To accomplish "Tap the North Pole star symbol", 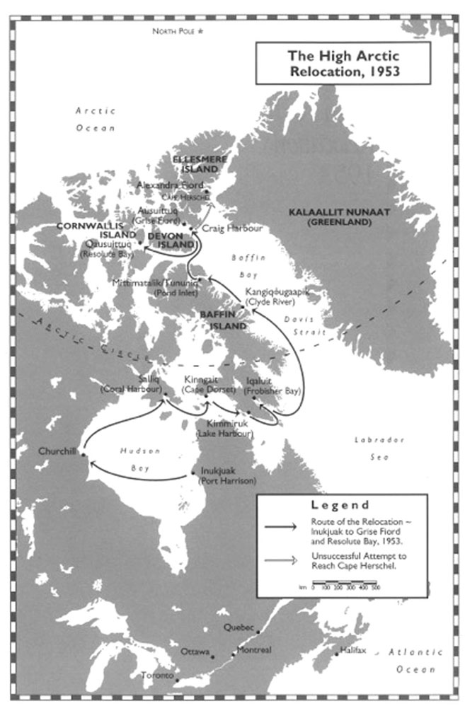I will (x=200, y=32).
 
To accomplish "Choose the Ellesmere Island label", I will (x=200, y=163).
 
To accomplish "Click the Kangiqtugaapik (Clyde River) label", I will (x=277, y=296).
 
